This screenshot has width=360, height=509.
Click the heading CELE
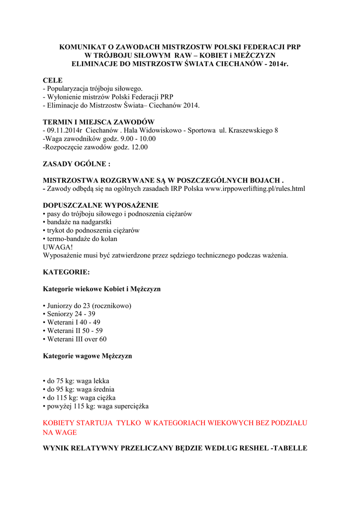[x=53, y=80]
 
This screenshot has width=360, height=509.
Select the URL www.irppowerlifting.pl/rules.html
[x=255, y=188]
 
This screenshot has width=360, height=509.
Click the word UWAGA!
[x=58, y=247]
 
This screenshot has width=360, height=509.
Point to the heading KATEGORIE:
[x=66, y=272]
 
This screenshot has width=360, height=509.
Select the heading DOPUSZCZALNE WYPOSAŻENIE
[x=100, y=205]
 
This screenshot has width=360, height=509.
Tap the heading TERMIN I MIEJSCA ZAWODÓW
[x=98, y=122]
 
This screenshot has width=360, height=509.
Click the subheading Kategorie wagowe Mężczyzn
[x=88, y=356]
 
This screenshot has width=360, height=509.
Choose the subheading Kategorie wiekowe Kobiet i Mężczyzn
[x=101, y=289]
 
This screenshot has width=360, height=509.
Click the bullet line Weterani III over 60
[x=77, y=339]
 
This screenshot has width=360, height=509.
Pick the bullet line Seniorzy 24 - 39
[x=71, y=314]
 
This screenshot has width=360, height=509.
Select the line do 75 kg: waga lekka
[x=76, y=381]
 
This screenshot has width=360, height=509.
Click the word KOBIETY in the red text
[x=61, y=423]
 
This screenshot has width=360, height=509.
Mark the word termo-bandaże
[x=68, y=239]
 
